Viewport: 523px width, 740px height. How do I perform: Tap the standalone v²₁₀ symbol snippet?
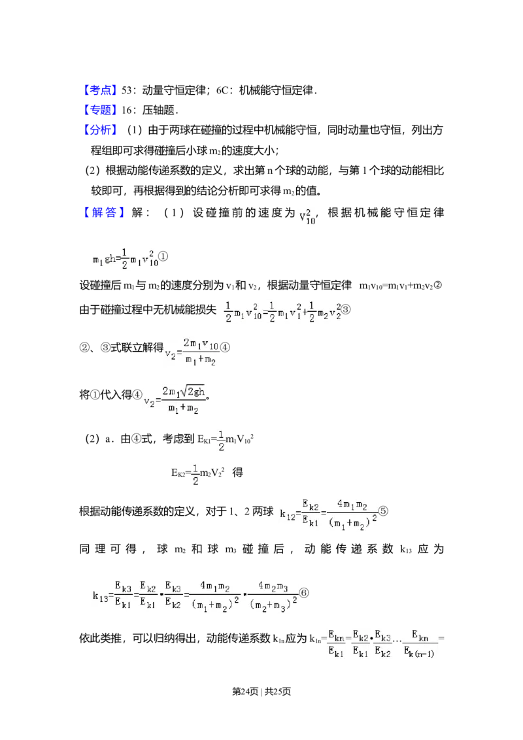307,218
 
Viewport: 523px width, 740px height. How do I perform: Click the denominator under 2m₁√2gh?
184,409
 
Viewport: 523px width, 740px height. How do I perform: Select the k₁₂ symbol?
287,515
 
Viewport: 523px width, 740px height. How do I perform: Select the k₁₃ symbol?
100,596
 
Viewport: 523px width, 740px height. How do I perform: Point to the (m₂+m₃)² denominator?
275,605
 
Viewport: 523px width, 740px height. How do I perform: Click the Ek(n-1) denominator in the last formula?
419,652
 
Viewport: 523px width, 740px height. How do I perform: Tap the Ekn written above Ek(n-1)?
420,635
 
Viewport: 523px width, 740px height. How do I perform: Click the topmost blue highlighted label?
101,90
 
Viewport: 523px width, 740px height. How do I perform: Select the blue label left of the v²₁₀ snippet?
104,212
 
